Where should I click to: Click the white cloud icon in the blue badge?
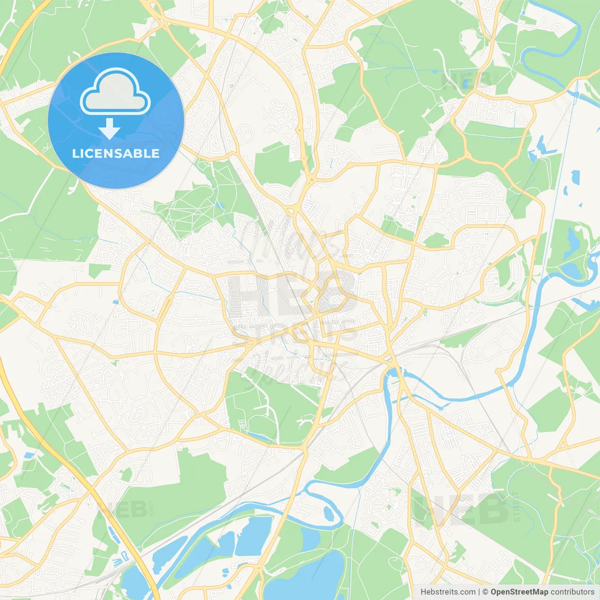115,92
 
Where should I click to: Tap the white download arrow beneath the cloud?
109,128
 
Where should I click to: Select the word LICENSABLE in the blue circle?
116,153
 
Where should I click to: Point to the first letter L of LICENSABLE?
75,153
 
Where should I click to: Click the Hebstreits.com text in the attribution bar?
448,592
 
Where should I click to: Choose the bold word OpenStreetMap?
519,592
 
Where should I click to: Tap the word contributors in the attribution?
572,592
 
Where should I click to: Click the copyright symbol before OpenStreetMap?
485,592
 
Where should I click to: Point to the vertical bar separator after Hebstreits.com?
479,592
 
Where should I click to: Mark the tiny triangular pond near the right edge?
580,205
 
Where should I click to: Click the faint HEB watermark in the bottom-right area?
462,509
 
